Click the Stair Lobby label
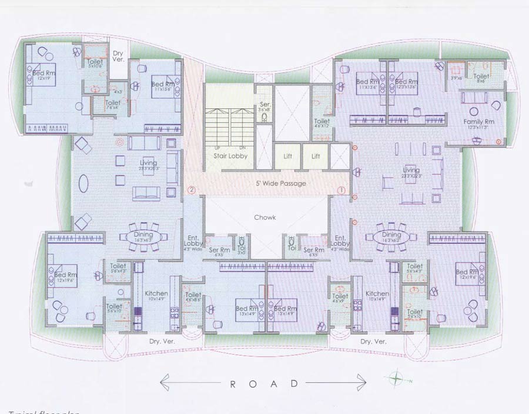pos(230,156)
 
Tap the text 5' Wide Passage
pos(280,183)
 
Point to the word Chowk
pos(264,217)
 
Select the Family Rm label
pos(478,122)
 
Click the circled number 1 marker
pos(341,190)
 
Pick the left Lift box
pos(287,156)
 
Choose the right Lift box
pos(316,156)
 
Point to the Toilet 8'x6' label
pos(481,78)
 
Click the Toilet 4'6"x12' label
pos(322,123)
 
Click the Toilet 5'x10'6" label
pos(95,63)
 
